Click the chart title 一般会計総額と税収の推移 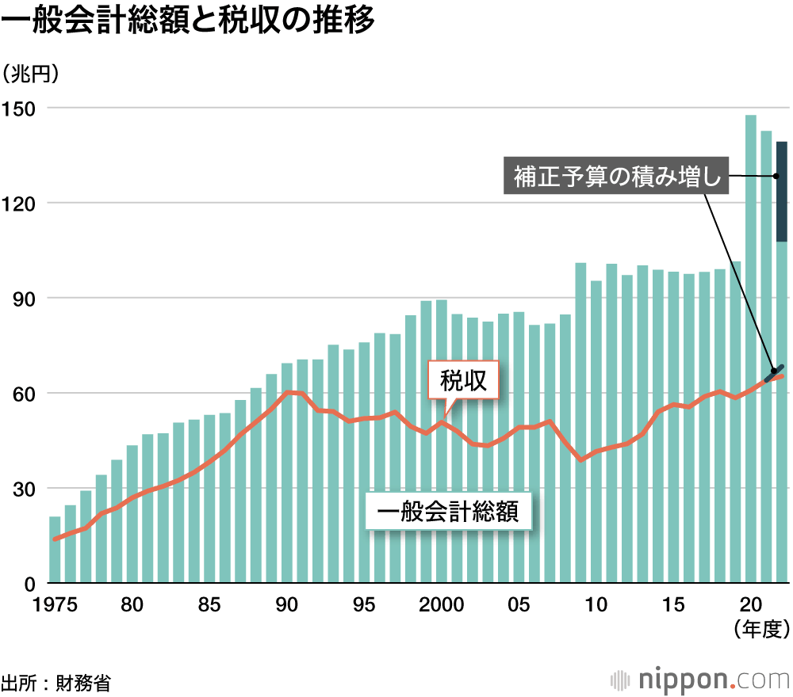pos(188,22)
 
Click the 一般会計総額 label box pos(449,512)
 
